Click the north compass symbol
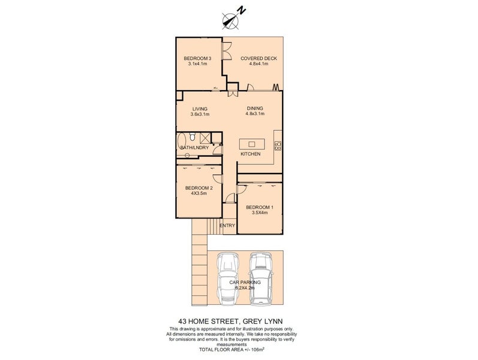[233, 19]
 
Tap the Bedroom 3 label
[197, 59]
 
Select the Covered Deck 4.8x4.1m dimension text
[258, 64]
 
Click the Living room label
[200, 109]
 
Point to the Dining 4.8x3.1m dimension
[255, 114]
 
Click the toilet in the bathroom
[192, 137]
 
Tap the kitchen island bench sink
[251, 143]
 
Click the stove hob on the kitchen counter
[278, 146]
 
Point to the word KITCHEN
[251, 154]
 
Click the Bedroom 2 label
[199, 188]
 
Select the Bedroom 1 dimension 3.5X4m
[260, 212]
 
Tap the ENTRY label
[227, 226]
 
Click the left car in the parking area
[227, 279]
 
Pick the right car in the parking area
[260, 278]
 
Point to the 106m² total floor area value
[258, 350]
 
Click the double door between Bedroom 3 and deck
[227, 51]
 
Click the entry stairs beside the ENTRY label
[214, 226]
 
